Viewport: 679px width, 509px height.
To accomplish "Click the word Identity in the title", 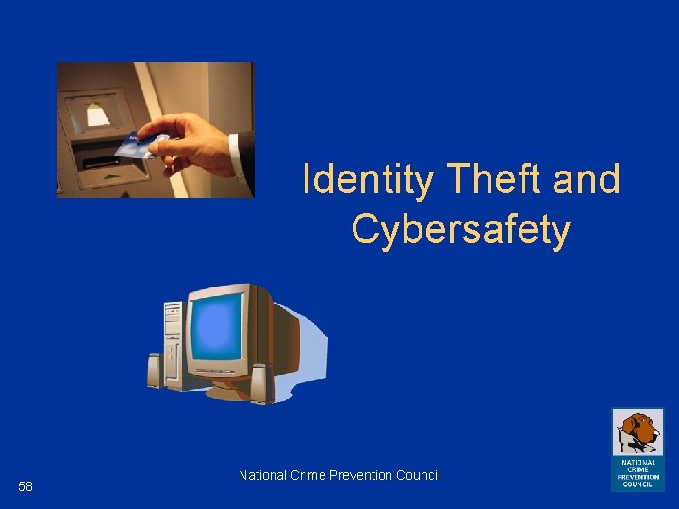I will pyautogui.click(x=369, y=179).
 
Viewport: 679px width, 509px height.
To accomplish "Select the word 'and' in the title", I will pyautogui.click(x=587, y=179).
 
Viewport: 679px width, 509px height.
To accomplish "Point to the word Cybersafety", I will pyautogui.click(x=461, y=229).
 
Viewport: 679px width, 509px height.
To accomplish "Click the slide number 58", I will pyautogui.click(x=25, y=486).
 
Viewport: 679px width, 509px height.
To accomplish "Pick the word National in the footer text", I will pyautogui.click(x=261, y=475).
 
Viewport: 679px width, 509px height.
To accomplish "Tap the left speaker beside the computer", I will pyautogui.click(x=155, y=370).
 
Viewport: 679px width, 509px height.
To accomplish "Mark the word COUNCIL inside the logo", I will pyautogui.click(x=638, y=484).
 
